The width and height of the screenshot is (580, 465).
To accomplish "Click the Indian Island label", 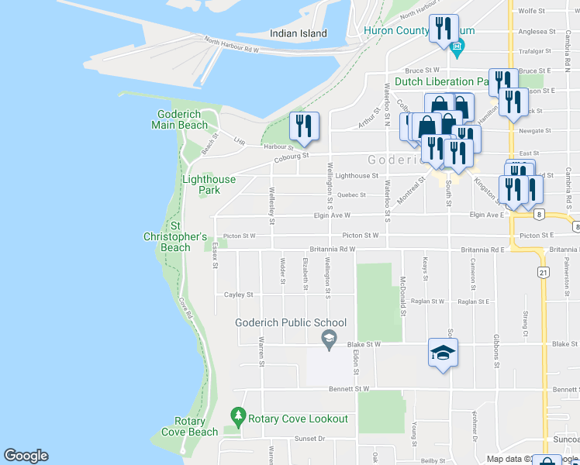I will click(x=298, y=33).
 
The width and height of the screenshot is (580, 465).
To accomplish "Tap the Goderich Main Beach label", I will click(x=180, y=120).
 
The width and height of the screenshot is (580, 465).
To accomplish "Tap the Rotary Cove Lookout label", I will click(x=298, y=418).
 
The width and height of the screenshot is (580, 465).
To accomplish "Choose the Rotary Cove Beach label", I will click(x=190, y=427).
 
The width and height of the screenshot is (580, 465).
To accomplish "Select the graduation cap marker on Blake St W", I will click(x=443, y=353).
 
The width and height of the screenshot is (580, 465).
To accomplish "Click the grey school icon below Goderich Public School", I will click(x=329, y=337).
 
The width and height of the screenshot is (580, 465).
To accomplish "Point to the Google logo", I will click(x=26, y=456).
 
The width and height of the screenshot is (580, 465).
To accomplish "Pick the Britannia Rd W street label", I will click(x=332, y=250).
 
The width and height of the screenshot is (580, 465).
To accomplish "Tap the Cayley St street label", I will click(x=239, y=295).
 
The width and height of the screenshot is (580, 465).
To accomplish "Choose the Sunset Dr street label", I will click(x=309, y=439).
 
